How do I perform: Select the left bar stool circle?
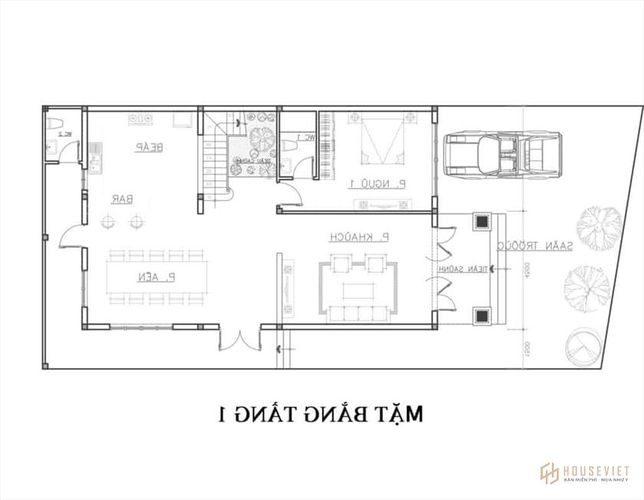point(110,222)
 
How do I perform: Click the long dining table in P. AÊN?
point(155,276)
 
